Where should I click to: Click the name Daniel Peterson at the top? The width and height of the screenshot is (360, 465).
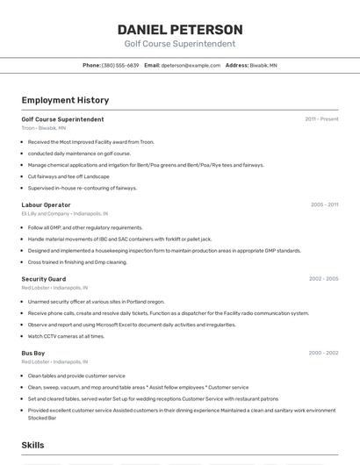pos(179,30)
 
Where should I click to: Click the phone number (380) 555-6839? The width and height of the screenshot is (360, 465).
pos(120,65)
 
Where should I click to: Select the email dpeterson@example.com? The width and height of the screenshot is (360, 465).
pos(191,65)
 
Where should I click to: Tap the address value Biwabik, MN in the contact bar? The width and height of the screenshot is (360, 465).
pos(263,65)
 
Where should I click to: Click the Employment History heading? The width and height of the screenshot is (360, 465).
pos(65,100)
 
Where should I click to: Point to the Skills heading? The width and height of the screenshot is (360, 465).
pos(33,446)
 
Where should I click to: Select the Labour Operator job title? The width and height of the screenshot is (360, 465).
pos(46,204)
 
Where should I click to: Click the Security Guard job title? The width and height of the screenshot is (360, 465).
pos(44,279)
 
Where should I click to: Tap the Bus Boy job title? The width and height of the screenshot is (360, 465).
pos(33,353)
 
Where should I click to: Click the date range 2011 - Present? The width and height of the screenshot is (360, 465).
pos(321,118)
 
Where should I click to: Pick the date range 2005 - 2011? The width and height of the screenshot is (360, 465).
pos(324,204)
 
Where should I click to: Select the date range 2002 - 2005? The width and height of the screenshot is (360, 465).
pos(323,279)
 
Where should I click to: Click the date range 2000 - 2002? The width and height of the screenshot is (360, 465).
pos(323,353)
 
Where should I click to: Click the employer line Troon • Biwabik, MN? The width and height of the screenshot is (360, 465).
pos(44,128)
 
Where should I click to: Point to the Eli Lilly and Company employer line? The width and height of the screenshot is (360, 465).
pos(65,213)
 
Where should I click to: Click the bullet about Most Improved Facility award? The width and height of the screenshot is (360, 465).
pos(90,141)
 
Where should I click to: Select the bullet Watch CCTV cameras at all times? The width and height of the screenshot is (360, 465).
pos(66,335)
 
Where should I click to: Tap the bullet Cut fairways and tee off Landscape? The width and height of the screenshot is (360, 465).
pos(68,176)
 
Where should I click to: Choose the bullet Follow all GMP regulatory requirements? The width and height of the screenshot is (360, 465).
pos(84,227)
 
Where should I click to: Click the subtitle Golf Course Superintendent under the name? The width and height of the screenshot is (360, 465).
pos(179,44)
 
